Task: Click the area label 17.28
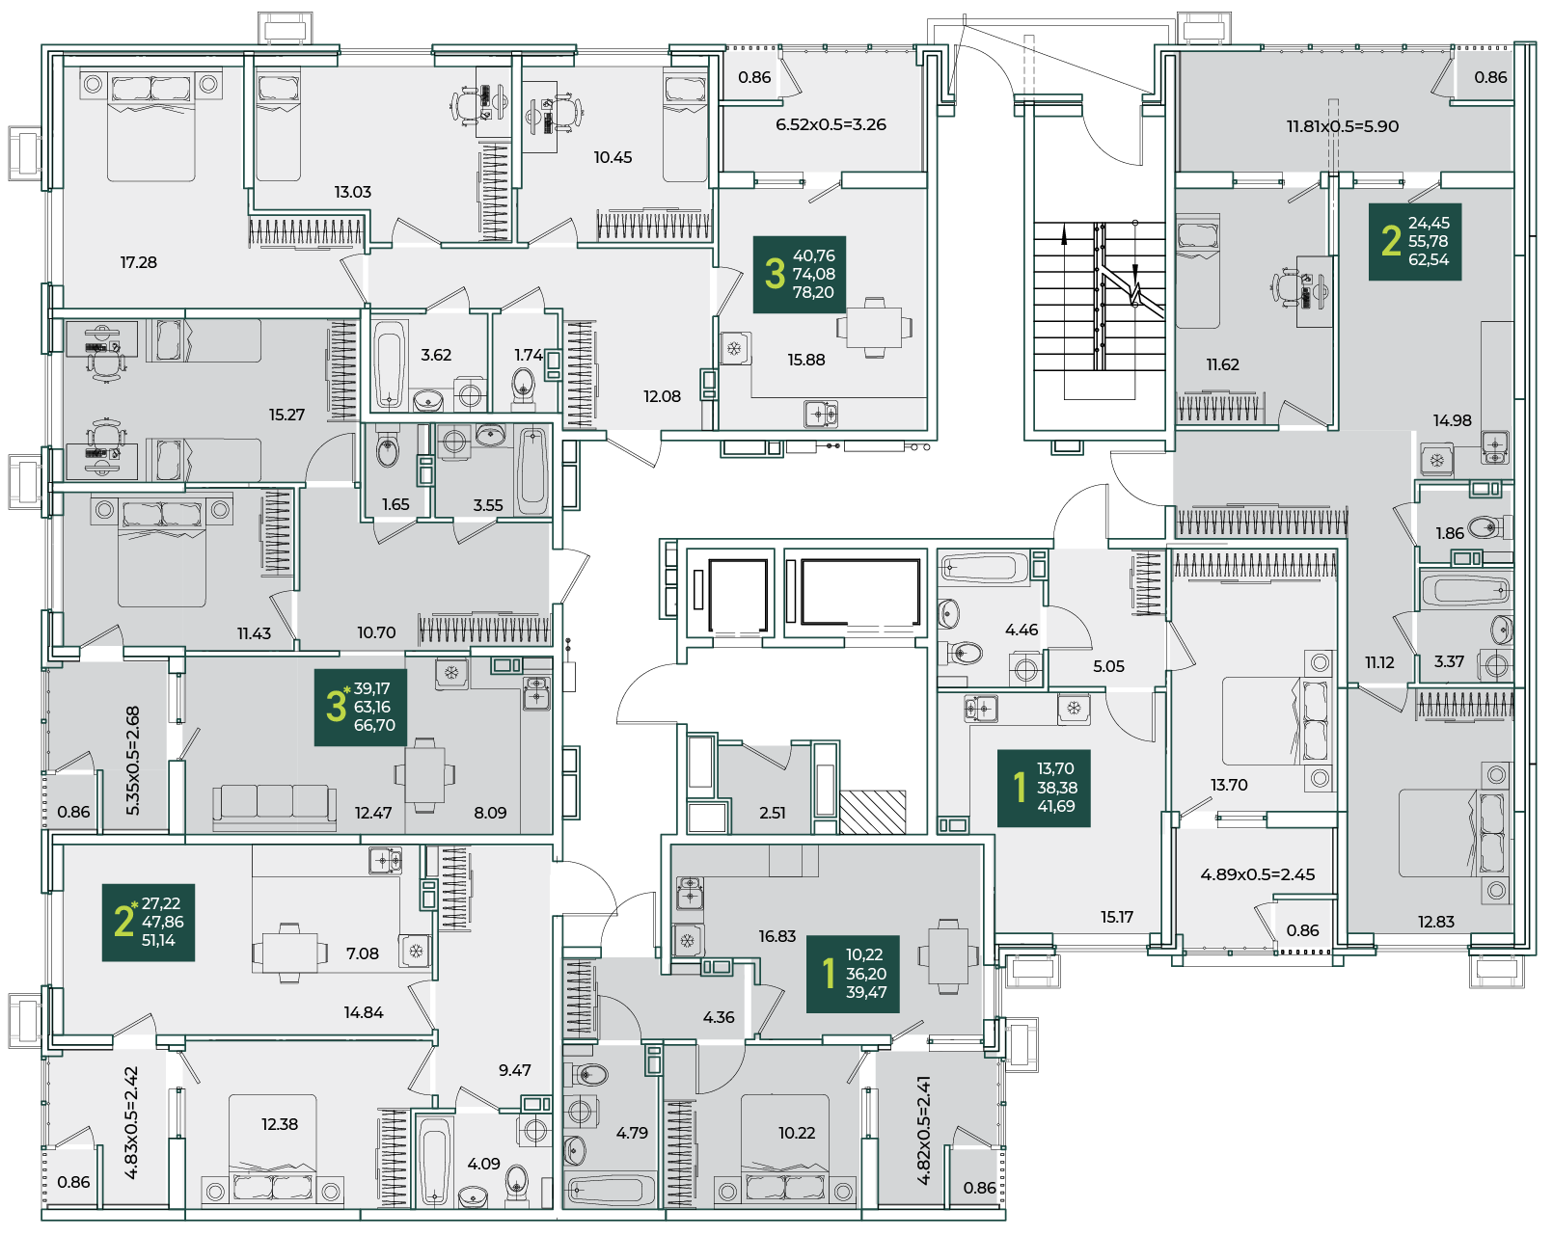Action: [139, 262]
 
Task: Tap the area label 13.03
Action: [353, 192]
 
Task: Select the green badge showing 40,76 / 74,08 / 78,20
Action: [800, 274]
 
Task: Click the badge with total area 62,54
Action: [1414, 242]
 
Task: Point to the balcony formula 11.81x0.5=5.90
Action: [1343, 126]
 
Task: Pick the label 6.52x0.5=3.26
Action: [831, 124]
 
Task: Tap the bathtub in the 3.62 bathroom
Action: [389, 365]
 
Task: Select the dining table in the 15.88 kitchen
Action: [874, 328]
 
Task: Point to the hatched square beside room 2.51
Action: [873, 813]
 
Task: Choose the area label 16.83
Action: [777, 936]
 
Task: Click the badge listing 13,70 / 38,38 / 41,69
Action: [1044, 788]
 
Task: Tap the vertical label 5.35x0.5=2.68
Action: [133, 761]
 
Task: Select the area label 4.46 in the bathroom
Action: [1022, 630]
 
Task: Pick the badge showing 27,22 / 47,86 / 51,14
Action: [149, 923]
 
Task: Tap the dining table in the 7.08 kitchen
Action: [289, 953]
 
